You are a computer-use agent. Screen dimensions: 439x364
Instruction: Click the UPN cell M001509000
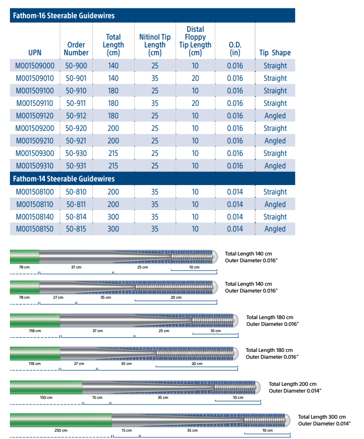35,66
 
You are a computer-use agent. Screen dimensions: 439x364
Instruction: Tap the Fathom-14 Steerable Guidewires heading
63,179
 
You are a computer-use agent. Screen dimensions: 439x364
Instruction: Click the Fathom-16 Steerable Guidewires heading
63,16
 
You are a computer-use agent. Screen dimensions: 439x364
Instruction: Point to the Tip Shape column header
275,53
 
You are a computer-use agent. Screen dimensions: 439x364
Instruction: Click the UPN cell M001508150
35,229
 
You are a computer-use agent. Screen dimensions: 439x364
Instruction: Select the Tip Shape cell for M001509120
275,116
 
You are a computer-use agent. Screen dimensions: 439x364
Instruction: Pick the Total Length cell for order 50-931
113,166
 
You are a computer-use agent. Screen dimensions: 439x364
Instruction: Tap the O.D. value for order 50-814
235,217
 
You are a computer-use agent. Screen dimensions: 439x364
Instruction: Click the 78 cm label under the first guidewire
24,267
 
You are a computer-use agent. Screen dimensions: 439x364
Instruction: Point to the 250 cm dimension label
61,430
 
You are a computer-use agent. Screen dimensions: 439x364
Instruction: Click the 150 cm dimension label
46,398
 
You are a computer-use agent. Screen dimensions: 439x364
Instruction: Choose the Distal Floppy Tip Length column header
195,41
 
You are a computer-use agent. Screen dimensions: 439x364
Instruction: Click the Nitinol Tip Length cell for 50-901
155,78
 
